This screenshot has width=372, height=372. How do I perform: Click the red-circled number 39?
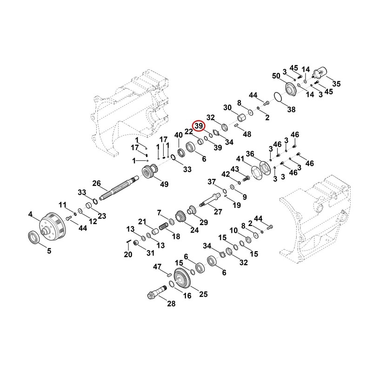pos(199,126)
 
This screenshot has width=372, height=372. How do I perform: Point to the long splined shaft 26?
pos(119,187)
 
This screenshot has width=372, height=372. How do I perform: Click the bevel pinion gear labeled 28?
pos(156,292)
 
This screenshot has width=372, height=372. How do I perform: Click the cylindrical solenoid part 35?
pos(319,73)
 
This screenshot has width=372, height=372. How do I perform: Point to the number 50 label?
pos(276,76)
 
